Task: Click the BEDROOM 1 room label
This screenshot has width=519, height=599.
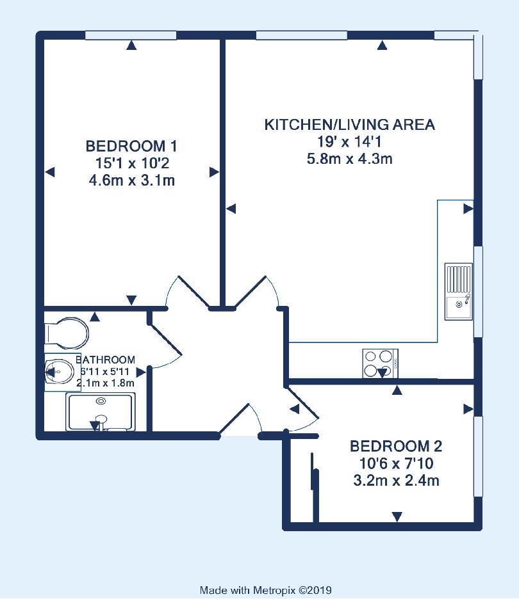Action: [x=131, y=146]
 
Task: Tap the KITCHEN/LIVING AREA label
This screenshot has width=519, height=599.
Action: [x=350, y=125]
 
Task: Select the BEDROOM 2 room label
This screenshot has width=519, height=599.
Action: [x=396, y=446]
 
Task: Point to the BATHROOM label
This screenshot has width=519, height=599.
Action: [x=105, y=360]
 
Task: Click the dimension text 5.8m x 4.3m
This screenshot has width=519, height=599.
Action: [x=350, y=159]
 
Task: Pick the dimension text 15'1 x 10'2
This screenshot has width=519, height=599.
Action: [x=132, y=163]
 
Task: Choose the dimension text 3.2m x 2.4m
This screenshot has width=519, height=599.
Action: [x=396, y=480]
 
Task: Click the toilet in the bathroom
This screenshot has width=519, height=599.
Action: [x=67, y=333]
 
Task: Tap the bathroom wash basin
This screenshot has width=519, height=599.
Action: [x=60, y=371]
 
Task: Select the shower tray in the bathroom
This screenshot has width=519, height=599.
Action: [x=101, y=412]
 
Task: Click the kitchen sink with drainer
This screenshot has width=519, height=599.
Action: [x=459, y=291]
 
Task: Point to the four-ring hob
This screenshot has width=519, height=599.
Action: [x=380, y=363]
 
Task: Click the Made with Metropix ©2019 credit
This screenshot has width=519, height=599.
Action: [x=265, y=590]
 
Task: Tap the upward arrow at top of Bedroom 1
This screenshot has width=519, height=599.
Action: [x=131, y=45]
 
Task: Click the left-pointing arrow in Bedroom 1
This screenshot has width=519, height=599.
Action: [x=50, y=172]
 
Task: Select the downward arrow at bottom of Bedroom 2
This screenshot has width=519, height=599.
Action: [x=397, y=516]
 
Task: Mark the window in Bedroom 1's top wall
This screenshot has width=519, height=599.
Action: [x=131, y=36]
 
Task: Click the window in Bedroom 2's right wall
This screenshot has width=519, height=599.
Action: [x=478, y=456]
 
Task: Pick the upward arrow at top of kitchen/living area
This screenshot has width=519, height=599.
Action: [x=382, y=45]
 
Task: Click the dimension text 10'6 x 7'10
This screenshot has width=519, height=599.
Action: [x=396, y=463]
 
